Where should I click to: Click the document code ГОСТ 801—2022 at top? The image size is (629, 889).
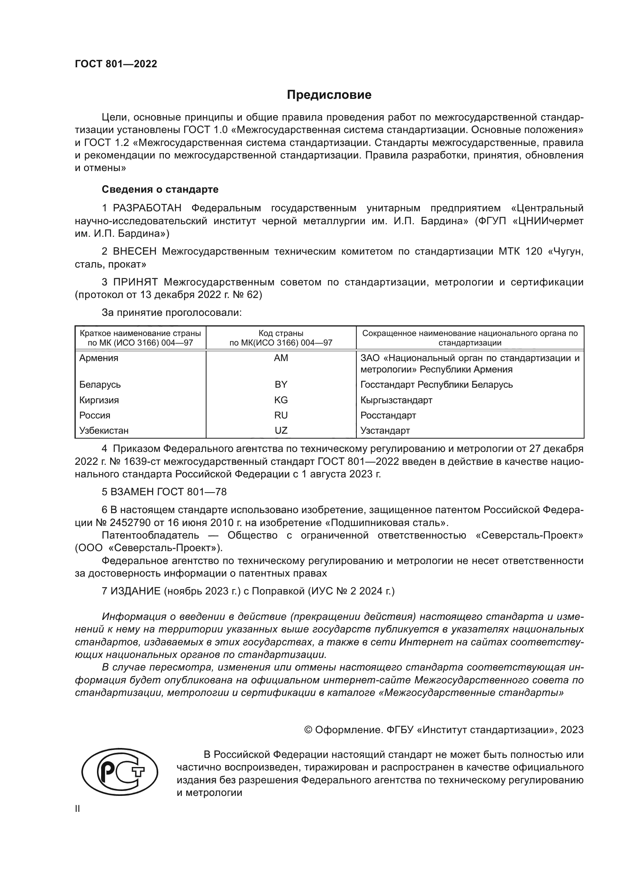116,64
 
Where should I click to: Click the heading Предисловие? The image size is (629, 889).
329,95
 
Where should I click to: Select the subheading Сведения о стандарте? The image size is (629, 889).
160,189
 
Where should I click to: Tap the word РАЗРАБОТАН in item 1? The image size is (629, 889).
147,208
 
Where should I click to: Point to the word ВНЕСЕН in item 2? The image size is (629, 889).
135,252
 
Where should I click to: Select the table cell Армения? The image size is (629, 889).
99,358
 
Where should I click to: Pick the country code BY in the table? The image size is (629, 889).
281,385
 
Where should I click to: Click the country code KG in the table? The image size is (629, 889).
281,400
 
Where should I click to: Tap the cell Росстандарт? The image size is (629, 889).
388,415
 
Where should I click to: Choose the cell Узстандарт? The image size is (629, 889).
385,431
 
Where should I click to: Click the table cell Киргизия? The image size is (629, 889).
99,400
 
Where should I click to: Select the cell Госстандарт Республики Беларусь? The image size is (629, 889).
437,385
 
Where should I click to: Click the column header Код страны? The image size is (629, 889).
281,333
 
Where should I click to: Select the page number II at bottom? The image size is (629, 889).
78,809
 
